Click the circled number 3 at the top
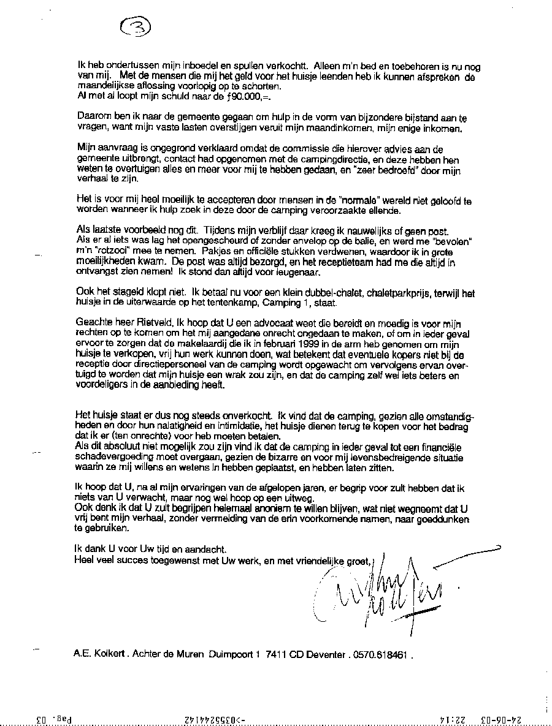tap(136, 27)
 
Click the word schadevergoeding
tap(115, 456)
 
